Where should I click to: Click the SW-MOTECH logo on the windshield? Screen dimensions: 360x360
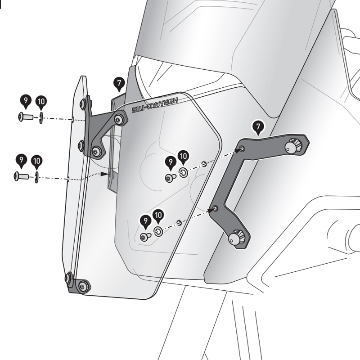pos(154,105)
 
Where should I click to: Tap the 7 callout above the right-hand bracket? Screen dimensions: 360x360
pos(258,128)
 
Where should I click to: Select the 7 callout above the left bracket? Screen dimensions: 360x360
pos(119,83)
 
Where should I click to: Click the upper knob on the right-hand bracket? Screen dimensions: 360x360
pos(295,144)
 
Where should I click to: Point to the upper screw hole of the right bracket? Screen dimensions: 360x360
pos(243,148)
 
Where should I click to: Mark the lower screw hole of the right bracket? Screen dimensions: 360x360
pos(215,208)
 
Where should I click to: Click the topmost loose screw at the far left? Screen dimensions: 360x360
pos(24,117)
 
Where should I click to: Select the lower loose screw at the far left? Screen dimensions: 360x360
pos(21,175)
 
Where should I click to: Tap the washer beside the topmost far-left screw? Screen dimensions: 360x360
pos(40,117)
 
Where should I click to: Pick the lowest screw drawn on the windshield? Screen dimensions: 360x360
pos(145,236)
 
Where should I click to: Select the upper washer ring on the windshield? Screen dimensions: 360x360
pos(183,172)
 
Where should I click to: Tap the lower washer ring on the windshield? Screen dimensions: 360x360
pos(158,231)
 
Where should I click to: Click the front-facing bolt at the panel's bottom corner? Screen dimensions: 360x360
pos(83,285)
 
